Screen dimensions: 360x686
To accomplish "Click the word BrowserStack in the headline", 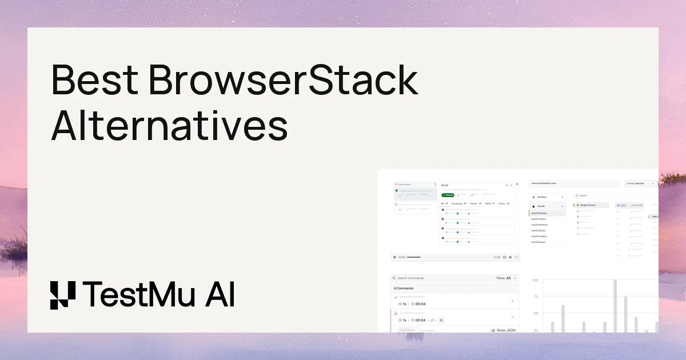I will click(284, 81).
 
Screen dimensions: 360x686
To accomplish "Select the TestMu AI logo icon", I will click(62, 295).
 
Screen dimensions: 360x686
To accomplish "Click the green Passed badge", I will click(448, 195).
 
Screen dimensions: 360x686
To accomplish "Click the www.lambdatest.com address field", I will click(573, 183).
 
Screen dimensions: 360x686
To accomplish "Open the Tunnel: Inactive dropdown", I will click(640, 183).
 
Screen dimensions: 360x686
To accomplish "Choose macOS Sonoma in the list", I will click(540, 213).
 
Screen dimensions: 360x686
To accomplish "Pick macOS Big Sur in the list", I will click(540, 230).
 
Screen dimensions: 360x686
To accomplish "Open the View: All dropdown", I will click(506, 278).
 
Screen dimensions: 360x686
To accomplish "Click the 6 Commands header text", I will click(404, 289).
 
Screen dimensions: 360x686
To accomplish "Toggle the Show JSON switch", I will click(492, 330).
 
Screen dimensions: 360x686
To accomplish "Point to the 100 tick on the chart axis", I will click(535, 281).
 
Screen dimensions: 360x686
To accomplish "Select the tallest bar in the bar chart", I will click(615, 306).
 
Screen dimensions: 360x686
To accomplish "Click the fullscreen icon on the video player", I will click(517, 258).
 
